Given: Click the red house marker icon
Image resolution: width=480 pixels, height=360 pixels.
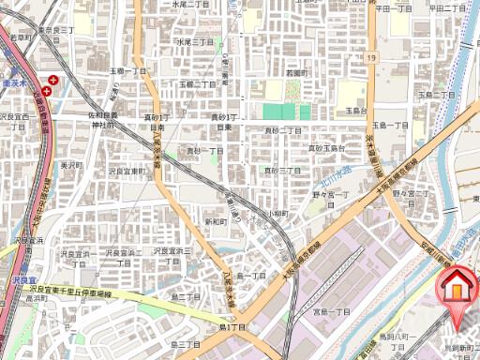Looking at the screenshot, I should [x=457, y=286].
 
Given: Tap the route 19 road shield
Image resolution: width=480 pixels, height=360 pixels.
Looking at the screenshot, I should [x=372, y=58].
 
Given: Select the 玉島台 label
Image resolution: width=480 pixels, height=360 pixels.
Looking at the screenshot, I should [x=352, y=111].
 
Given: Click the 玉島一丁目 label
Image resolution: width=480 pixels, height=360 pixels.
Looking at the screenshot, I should [x=390, y=125].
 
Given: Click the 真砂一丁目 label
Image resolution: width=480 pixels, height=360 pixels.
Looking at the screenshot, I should [x=204, y=151].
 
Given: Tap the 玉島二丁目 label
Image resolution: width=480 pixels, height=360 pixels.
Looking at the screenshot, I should [x=436, y=95].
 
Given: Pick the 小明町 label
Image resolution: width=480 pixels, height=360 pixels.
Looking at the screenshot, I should [x=277, y=214].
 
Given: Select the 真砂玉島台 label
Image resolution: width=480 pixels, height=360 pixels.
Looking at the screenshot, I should [x=327, y=148].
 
